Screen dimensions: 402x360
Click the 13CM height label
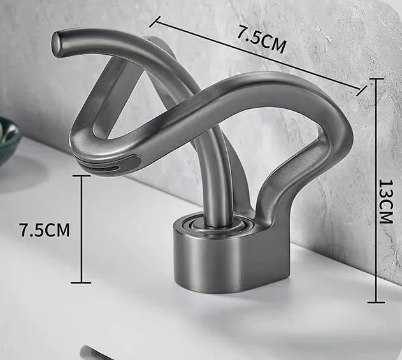(386, 201)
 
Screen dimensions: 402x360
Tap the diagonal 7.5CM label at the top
(261, 39)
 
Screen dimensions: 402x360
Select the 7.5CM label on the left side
(45, 230)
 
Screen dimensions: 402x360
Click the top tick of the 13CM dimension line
(376, 79)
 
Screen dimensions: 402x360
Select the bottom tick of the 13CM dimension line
(376, 302)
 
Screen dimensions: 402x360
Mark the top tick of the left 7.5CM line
(82, 176)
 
